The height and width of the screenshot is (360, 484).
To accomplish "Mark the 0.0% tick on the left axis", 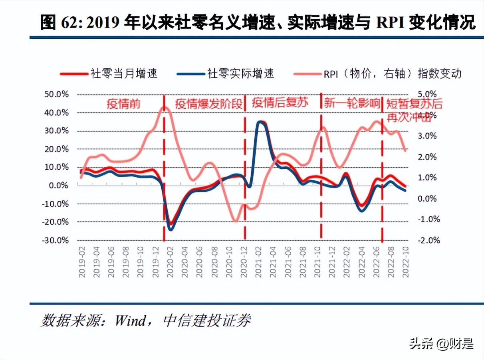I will click(58, 186).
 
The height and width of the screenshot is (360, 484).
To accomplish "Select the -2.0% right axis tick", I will click(429, 241).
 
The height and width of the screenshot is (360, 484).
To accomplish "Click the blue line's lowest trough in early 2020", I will click(171, 230).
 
